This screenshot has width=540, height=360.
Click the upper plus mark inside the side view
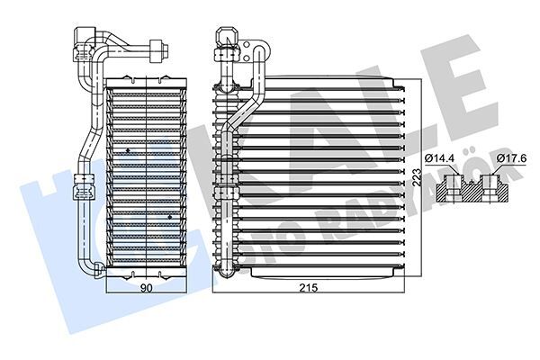[129, 148]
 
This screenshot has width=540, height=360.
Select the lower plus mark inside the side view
[170, 216]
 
